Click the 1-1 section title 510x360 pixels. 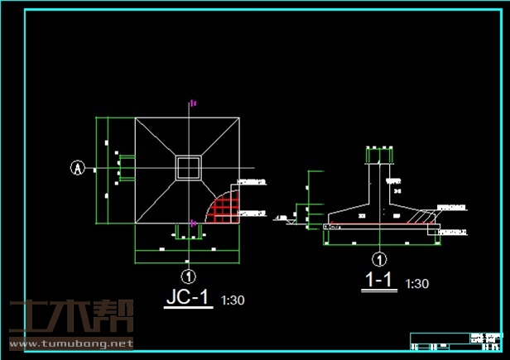pyautogui.click(x=378, y=281)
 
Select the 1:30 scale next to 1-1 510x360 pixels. pyautogui.click(x=417, y=284)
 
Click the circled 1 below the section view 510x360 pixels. pyautogui.click(x=379, y=258)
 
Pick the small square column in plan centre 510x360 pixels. pyautogui.click(x=189, y=167)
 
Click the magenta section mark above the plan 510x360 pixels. pyautogui.click(x=192, y=103)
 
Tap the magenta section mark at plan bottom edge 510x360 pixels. pyautogui.click(x=193, y=223)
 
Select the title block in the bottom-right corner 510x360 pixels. pyautogui.click(x=457, y=342)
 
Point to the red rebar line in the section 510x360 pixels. pyautogui.click(x=381, y=224)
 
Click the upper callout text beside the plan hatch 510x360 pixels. pyautogui.click(x=252, y=181)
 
